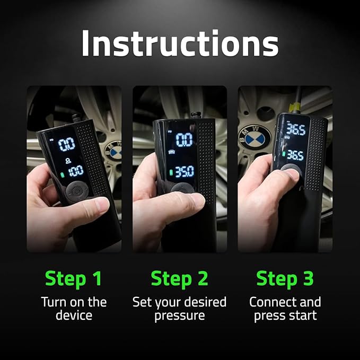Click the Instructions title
point(180,44)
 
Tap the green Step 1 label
point(74,278)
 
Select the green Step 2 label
point(179,278)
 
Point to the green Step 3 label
point(285,278)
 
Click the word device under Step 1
point(74,316)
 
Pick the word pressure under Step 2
point(179,316)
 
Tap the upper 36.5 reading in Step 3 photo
point(295,130)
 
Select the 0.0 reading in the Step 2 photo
point(184,140)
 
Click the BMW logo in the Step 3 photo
point(258,139)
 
